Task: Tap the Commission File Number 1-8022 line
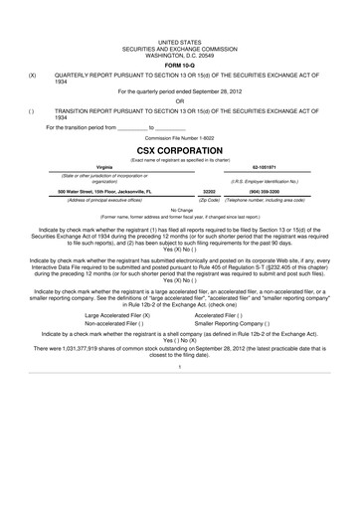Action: coord(180,135)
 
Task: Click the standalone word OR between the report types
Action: coord(180,99)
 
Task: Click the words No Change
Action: coord(180,210)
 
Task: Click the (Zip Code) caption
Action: coord(209,199)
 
